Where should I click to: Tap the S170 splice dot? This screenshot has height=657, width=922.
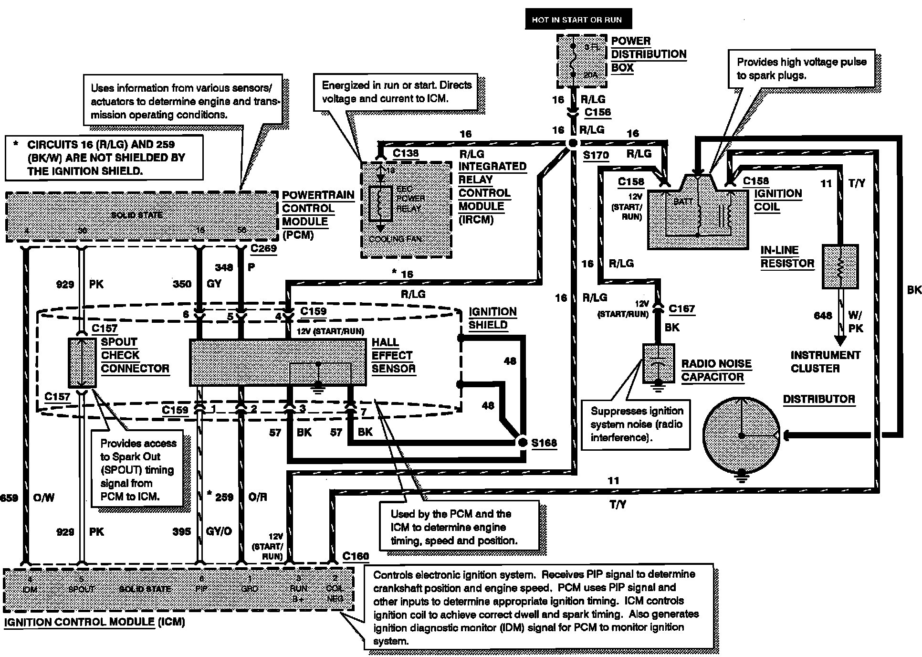point(573,143)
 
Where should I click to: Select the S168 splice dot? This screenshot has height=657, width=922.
point(523,442)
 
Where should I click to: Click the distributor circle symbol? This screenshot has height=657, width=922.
point(741,435)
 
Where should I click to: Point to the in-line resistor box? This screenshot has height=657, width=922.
point(840,266)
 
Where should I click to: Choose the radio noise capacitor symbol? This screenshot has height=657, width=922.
point(659,363)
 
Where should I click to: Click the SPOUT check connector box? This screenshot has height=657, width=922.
point(82,363)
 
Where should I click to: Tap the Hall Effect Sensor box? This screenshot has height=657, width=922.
point(278,363)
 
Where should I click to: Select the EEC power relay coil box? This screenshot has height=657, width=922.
point(380,204)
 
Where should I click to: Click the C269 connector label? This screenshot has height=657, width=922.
point(263,248)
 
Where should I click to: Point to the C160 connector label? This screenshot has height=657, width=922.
point(356,556)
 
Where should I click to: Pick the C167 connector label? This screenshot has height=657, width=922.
point(681,309)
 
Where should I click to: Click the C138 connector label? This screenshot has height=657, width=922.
point(406,153)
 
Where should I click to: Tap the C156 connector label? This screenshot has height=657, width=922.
point(597,112)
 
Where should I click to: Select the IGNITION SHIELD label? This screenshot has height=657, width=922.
point(492,318)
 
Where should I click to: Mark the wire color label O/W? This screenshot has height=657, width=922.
point(44,498)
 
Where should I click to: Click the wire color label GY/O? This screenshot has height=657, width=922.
point(219,531)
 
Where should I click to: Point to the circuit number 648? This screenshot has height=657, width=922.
point(823,316)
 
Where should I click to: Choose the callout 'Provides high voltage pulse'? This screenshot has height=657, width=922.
point(801,68)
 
